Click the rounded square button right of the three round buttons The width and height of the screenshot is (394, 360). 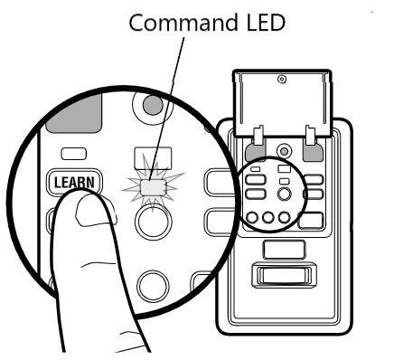tap(311, 218)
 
